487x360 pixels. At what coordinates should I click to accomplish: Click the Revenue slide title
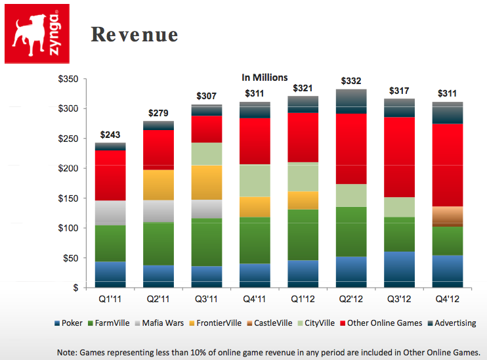134,35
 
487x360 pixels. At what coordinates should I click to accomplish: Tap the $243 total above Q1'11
110,135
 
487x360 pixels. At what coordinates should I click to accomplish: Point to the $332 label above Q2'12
352,81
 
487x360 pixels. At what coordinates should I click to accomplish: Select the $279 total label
158,113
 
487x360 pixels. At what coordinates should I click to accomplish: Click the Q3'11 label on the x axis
207,300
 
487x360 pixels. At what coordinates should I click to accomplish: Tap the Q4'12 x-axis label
448,300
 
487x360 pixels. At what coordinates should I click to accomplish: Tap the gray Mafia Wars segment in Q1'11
110,212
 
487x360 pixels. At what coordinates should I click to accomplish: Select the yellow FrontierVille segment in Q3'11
207,182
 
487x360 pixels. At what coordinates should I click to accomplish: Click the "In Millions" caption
265,78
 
